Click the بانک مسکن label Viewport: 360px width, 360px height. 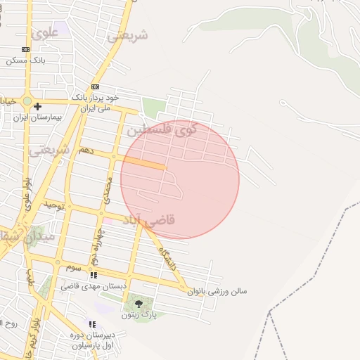pyautogui.click(x=26, y=60)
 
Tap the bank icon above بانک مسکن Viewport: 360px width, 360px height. pyautogui.click(x=26, y=49)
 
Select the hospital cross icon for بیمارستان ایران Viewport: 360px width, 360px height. pyautogui.click(x=37, y=106)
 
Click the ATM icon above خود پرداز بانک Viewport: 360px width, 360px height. pyautogui.click(x=95, y=86)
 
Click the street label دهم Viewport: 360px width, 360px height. pyautogui.click(x=86, y=150)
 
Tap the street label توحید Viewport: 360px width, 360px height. pyautogui.click(x=54, y=206)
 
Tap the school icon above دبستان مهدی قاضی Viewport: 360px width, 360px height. pyautogui.click(x=94, y=275)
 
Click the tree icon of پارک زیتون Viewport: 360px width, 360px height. pyautogui.click(x=138, y=304)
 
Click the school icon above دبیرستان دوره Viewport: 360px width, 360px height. pyautogui.click(x=92, y=324)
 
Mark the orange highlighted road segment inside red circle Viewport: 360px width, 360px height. pyautogui.click(x=144, y=163)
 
